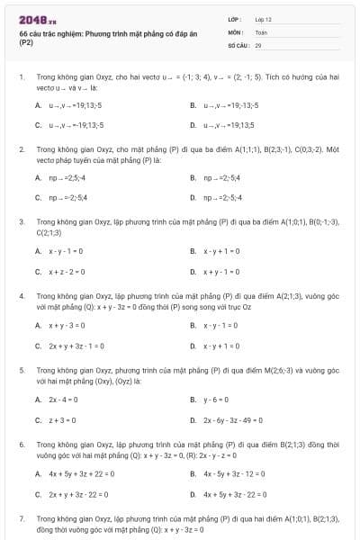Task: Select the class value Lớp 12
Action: coord(263,18)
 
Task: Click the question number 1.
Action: coord(21,77)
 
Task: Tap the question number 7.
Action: coord(21,519)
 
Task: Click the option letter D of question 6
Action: coord(193,494)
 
